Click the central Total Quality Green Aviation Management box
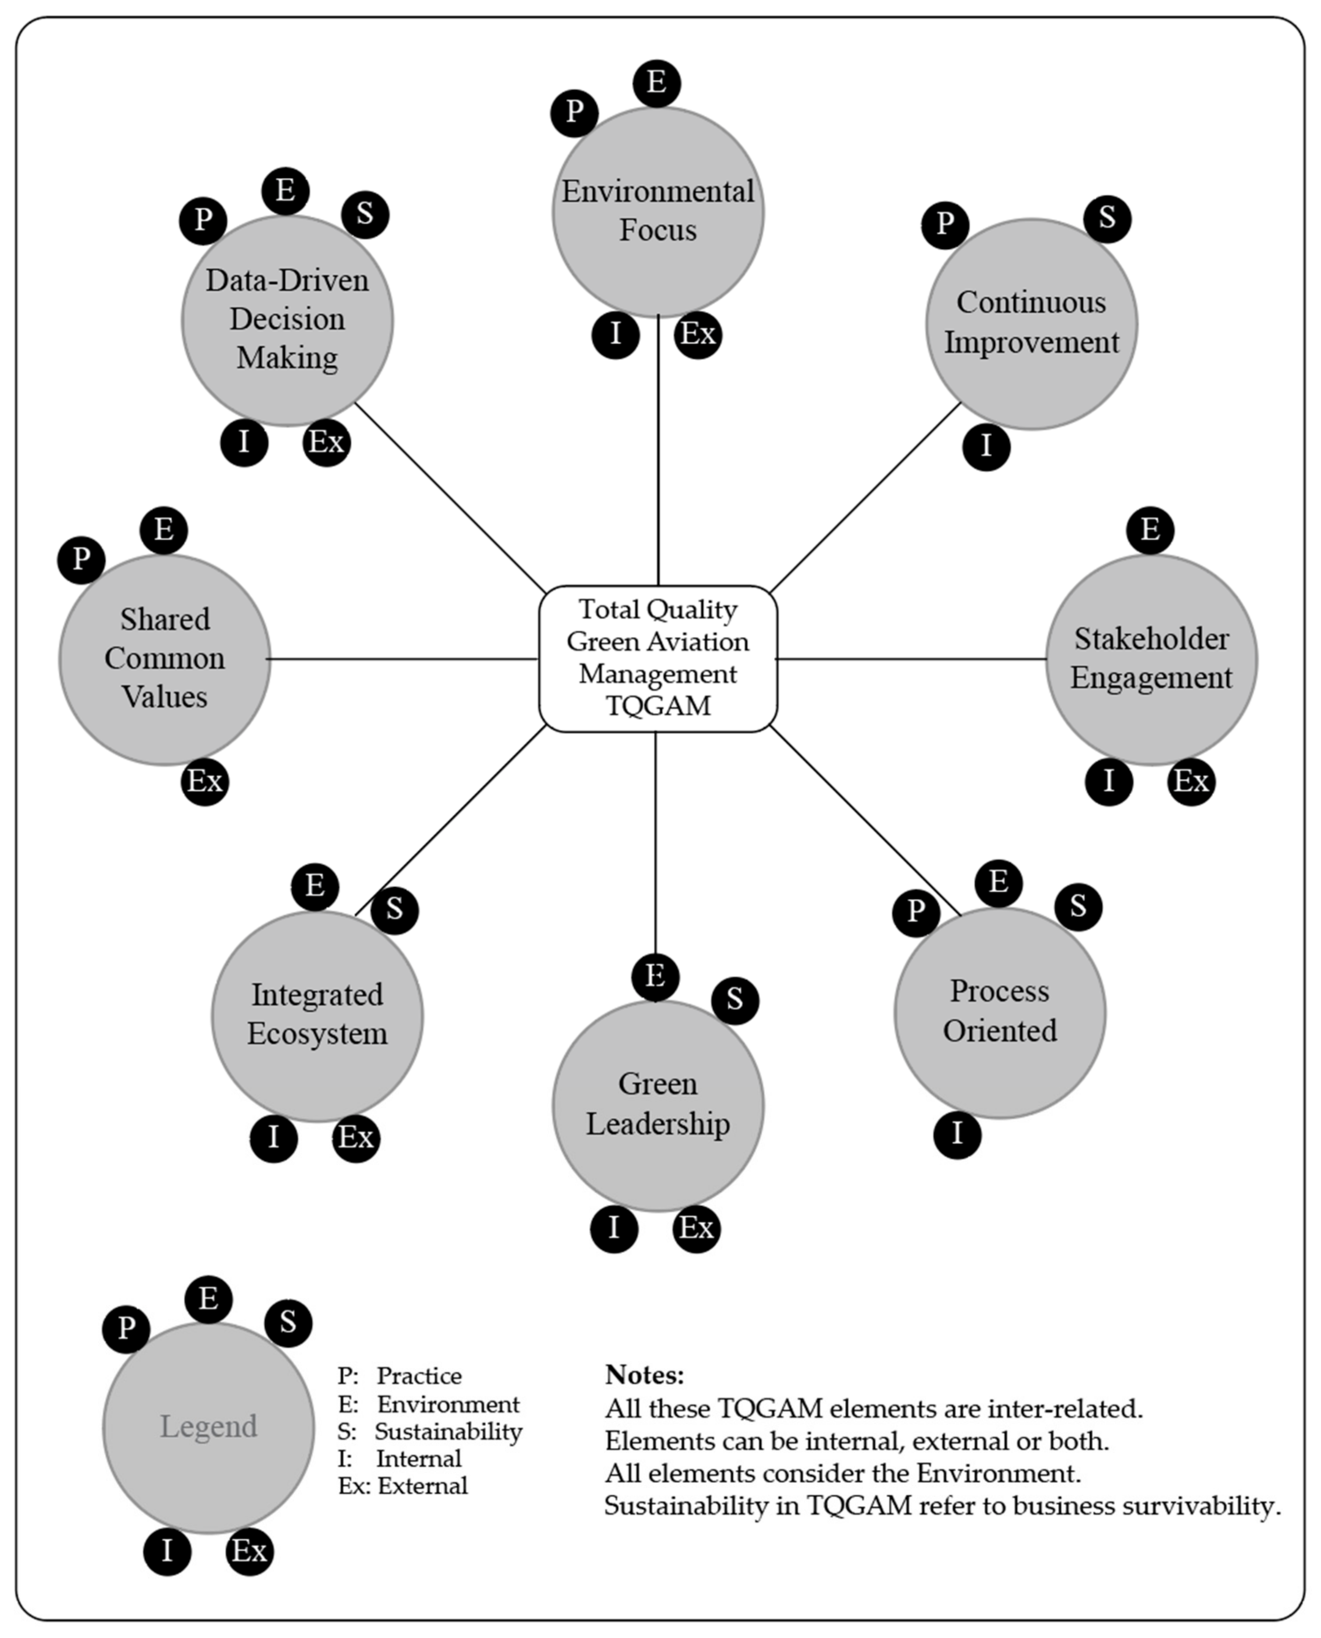pos(658,658)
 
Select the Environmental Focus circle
pos(658,212)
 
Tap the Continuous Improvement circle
pos(1031,323)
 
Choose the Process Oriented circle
pos(999,1012)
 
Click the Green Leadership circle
pos(658,1105)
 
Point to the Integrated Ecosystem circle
pos(317,1016)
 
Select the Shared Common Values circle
pos(164,659)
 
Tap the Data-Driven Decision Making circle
pos(287,320)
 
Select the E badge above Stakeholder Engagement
pos(1150,529)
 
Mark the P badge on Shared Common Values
pos(81,560)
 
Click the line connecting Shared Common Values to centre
pos(403,659)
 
